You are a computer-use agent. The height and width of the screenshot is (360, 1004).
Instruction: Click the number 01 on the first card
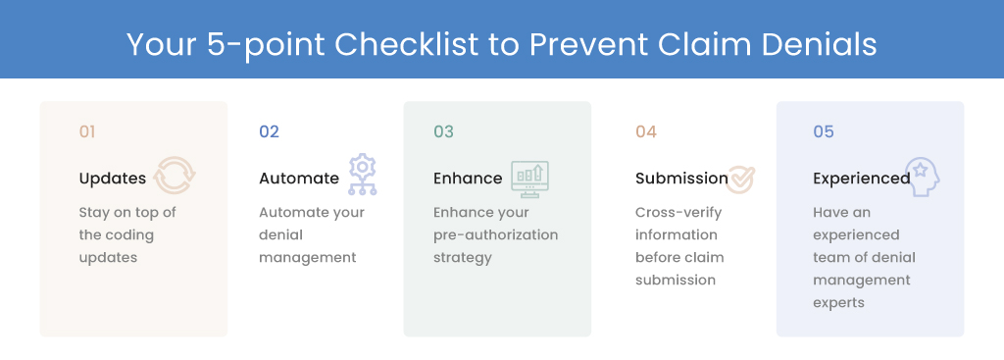[87, 132]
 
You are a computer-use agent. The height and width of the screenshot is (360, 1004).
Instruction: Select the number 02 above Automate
[269, 132]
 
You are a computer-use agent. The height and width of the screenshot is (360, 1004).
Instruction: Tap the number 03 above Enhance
[444, 132]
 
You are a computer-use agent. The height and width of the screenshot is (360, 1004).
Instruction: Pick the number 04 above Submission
[646, 132]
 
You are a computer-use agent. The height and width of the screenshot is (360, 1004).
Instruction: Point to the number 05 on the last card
[824, 132]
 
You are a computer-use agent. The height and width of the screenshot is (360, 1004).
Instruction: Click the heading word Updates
[113, 179]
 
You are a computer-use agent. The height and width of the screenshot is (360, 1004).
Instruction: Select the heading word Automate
[299, 179]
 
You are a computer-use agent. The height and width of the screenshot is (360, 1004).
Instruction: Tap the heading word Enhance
[468, 179]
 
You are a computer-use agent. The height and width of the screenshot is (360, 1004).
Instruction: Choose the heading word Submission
[682, 179]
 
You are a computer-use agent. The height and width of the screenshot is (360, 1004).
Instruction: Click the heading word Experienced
[862, 179]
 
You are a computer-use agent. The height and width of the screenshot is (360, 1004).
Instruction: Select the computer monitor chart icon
[529, 180]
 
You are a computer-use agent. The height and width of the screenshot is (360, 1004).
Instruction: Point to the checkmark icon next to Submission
[741, 180]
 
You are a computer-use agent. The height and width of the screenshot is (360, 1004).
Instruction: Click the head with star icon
[922, 178]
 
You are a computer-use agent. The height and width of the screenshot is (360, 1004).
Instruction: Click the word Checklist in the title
[407, 44]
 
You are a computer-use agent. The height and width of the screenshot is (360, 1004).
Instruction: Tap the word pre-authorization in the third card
[495, 235]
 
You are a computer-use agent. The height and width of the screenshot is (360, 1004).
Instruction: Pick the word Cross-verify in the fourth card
[678, 213]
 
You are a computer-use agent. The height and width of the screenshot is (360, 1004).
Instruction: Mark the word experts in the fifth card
[839, 303]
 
